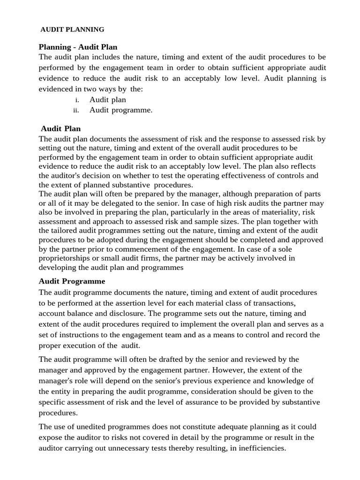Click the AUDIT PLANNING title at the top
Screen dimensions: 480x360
coord(73,30)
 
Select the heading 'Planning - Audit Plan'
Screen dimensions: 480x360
coord(78,47)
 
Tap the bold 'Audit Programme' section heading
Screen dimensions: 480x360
coord(72,281)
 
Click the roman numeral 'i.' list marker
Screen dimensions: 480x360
coord(77,100)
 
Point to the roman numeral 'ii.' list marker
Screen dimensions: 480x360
coord(76,111)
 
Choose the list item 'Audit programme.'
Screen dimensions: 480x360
coord(121,110)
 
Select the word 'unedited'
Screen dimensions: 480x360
coord(100,427)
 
